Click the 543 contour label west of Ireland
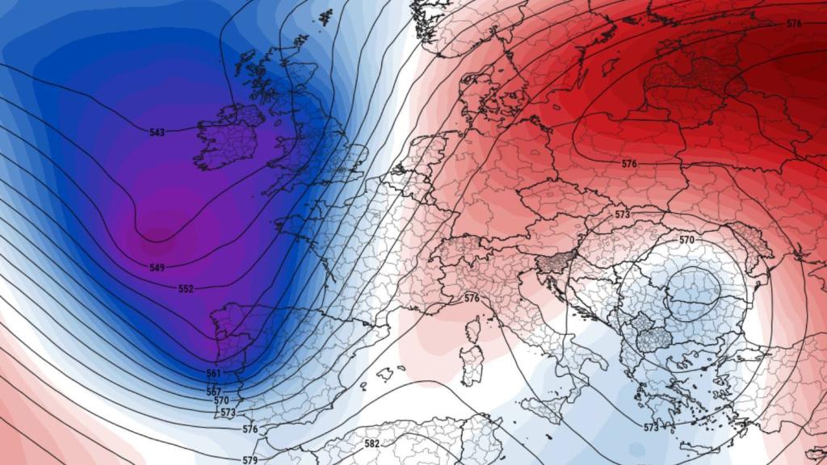(157, 132)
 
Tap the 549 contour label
(157, 267)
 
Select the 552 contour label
(186, 288)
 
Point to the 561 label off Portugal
(213, 373)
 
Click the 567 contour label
(214, 392)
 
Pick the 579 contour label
(250, 460)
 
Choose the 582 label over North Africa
(372, 443)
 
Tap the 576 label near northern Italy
(472, 298)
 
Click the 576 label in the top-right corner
(794, 23)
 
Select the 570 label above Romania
(686, 240)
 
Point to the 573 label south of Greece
(652, 426)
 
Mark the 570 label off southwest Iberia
(220, 400)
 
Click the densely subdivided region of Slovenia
(555, 261)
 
